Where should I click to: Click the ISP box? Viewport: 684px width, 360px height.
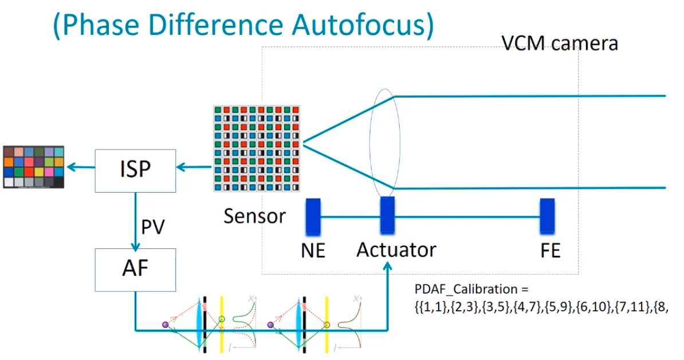(135, 171)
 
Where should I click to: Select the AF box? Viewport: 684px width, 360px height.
(135, 269)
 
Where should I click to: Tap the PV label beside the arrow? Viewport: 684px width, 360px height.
(153, 227)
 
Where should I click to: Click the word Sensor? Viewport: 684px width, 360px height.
(255, 216)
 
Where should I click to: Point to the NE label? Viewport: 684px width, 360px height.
(313, 251)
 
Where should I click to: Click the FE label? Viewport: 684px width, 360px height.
(550, 251)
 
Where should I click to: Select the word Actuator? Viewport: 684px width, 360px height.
(396, 250)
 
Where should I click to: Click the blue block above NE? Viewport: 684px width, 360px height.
(313, 217)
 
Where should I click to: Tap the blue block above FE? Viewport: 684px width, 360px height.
(548, 217)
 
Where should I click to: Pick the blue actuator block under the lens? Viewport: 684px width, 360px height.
(387, 216)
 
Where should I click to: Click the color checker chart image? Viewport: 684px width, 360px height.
(34, 167)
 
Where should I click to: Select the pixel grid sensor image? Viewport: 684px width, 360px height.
(257, 148)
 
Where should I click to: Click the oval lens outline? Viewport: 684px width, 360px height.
(370, 143)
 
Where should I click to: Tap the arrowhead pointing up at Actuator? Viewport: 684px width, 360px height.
(387, 266)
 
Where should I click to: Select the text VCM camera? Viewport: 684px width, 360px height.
(560, 43)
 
